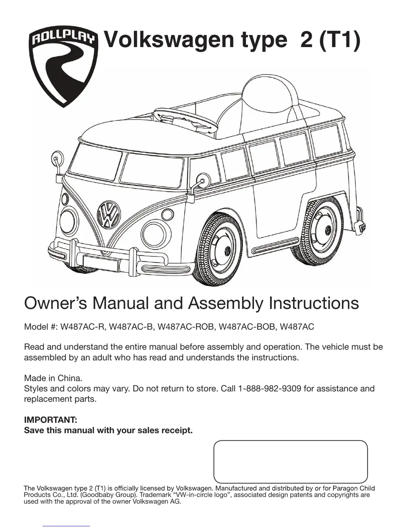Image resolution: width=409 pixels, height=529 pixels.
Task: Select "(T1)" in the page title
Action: pos(339,40)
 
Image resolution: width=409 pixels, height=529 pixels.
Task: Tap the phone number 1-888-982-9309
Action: pos(269,388)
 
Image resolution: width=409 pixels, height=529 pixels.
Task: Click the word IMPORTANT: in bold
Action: pos(50,420)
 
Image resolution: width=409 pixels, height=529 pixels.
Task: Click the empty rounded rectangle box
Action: pos(290,462)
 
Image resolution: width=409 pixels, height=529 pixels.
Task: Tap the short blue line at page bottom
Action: pos(66,526)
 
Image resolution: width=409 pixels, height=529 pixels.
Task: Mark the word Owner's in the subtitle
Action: pos(56,303)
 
